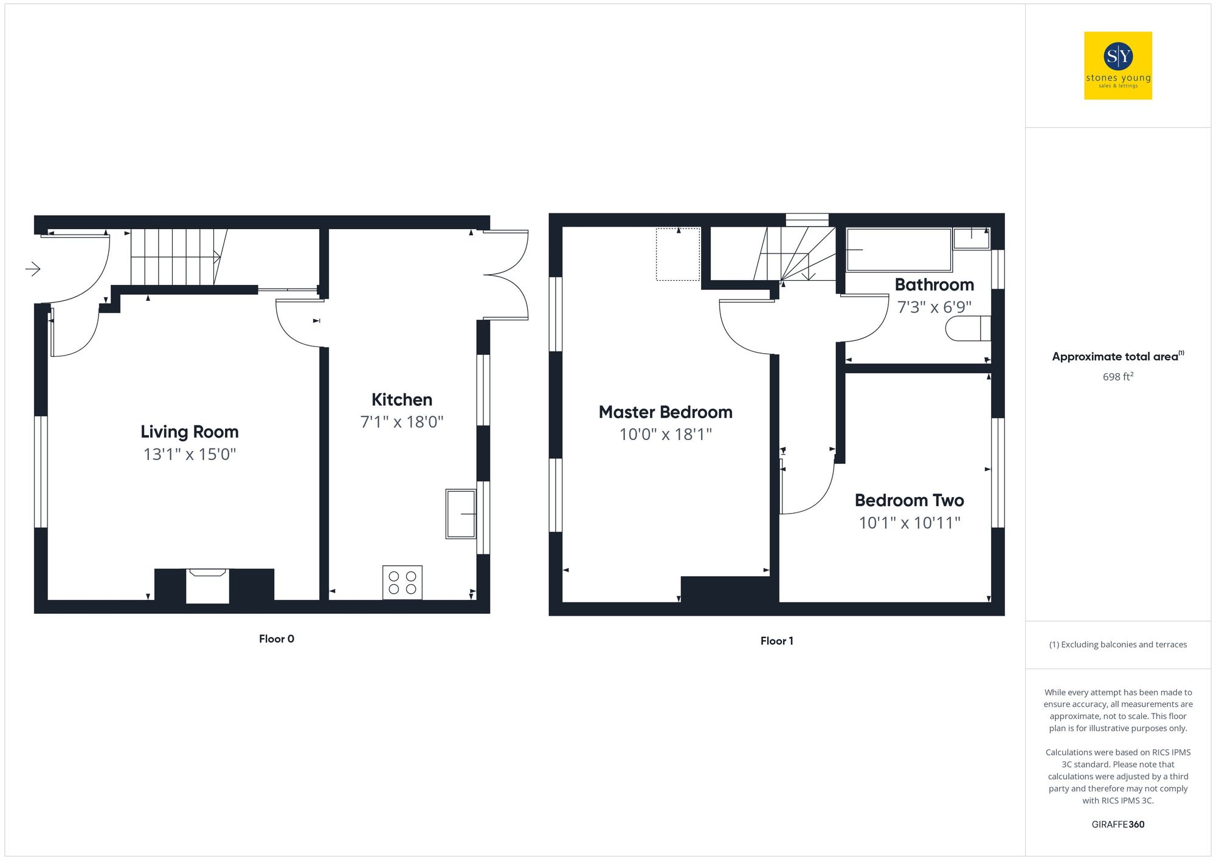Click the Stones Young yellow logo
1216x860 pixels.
click(x=1118, y=66)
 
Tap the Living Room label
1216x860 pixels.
click(x=189, y=432)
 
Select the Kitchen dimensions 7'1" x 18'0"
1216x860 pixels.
click(x=402, y=422)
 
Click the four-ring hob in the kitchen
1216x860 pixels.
click(x=402, y=582)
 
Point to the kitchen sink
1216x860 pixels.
click(x=461, y=514)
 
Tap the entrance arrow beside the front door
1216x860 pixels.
click(x=33, y=268)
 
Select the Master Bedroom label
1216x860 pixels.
click(x=665, y=412)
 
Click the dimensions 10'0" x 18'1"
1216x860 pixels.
click(x=665, y=435)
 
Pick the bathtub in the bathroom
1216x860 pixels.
click(x=899, y=250)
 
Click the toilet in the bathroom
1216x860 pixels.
click(x=967, y=329)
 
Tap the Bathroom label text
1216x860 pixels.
click(x=934, y=284)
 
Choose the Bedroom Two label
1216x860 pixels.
click(x=909, y=500)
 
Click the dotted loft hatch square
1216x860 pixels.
click(x=678, y=255)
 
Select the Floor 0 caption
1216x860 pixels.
click(x=276, y=639)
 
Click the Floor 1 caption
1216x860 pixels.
click(x=776, y=641)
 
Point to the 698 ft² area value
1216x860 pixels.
click(x=1118, y=377)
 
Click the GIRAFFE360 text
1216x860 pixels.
click(x=1118, y=824)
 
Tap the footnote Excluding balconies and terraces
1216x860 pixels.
click(x=1118, y=644)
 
